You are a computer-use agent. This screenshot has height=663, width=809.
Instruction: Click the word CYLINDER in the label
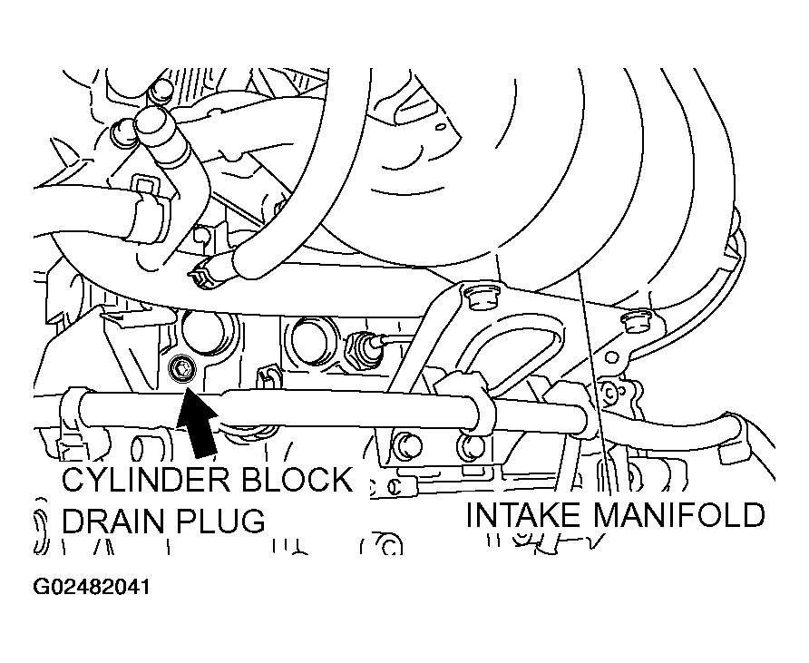click(x=147, y=480)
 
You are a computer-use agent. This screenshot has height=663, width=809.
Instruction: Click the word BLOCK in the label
click(x=297, y=480)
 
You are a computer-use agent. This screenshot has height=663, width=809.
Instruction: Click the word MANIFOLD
click(x=679, y=515)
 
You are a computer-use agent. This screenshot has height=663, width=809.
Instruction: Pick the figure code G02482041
click(x=92, y=587)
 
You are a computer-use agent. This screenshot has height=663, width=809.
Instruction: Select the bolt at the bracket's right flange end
click(x=636, y=323)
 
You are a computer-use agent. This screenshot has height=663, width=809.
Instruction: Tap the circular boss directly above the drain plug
click(x=203, y=334)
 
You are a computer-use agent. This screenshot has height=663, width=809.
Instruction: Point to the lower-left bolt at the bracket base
click(x=407, y=445)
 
